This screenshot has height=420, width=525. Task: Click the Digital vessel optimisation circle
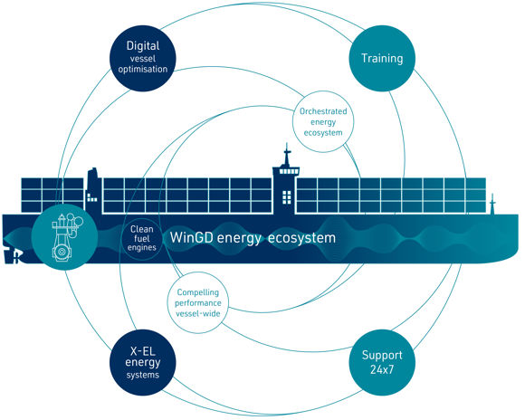pos(143,58)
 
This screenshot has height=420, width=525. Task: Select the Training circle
pos(382,58)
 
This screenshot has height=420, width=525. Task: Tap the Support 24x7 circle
pos(382,362)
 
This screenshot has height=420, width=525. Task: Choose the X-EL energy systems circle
pos(143,362)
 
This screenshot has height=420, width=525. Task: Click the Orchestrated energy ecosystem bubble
pos(323,121)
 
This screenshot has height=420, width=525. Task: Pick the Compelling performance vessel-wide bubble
pos(198,302)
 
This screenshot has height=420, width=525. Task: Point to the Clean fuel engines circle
pos(142,238)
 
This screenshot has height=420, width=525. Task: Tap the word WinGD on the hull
pos(192,237)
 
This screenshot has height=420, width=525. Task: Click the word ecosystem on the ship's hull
pos(301,238)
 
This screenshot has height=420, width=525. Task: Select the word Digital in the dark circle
pos(143,46)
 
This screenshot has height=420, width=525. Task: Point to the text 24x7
pos(382,369)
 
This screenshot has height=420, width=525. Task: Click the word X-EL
pos(143,351)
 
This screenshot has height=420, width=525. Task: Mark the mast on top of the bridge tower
pos(287,155)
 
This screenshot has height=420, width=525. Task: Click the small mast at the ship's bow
pos(492,204)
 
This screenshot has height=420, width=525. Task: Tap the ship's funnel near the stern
pos(93,189)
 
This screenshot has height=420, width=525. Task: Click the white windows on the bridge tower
pos(287,197)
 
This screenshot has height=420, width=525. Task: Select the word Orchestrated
pos(323,111)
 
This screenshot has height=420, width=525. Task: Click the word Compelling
pos(198,292)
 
